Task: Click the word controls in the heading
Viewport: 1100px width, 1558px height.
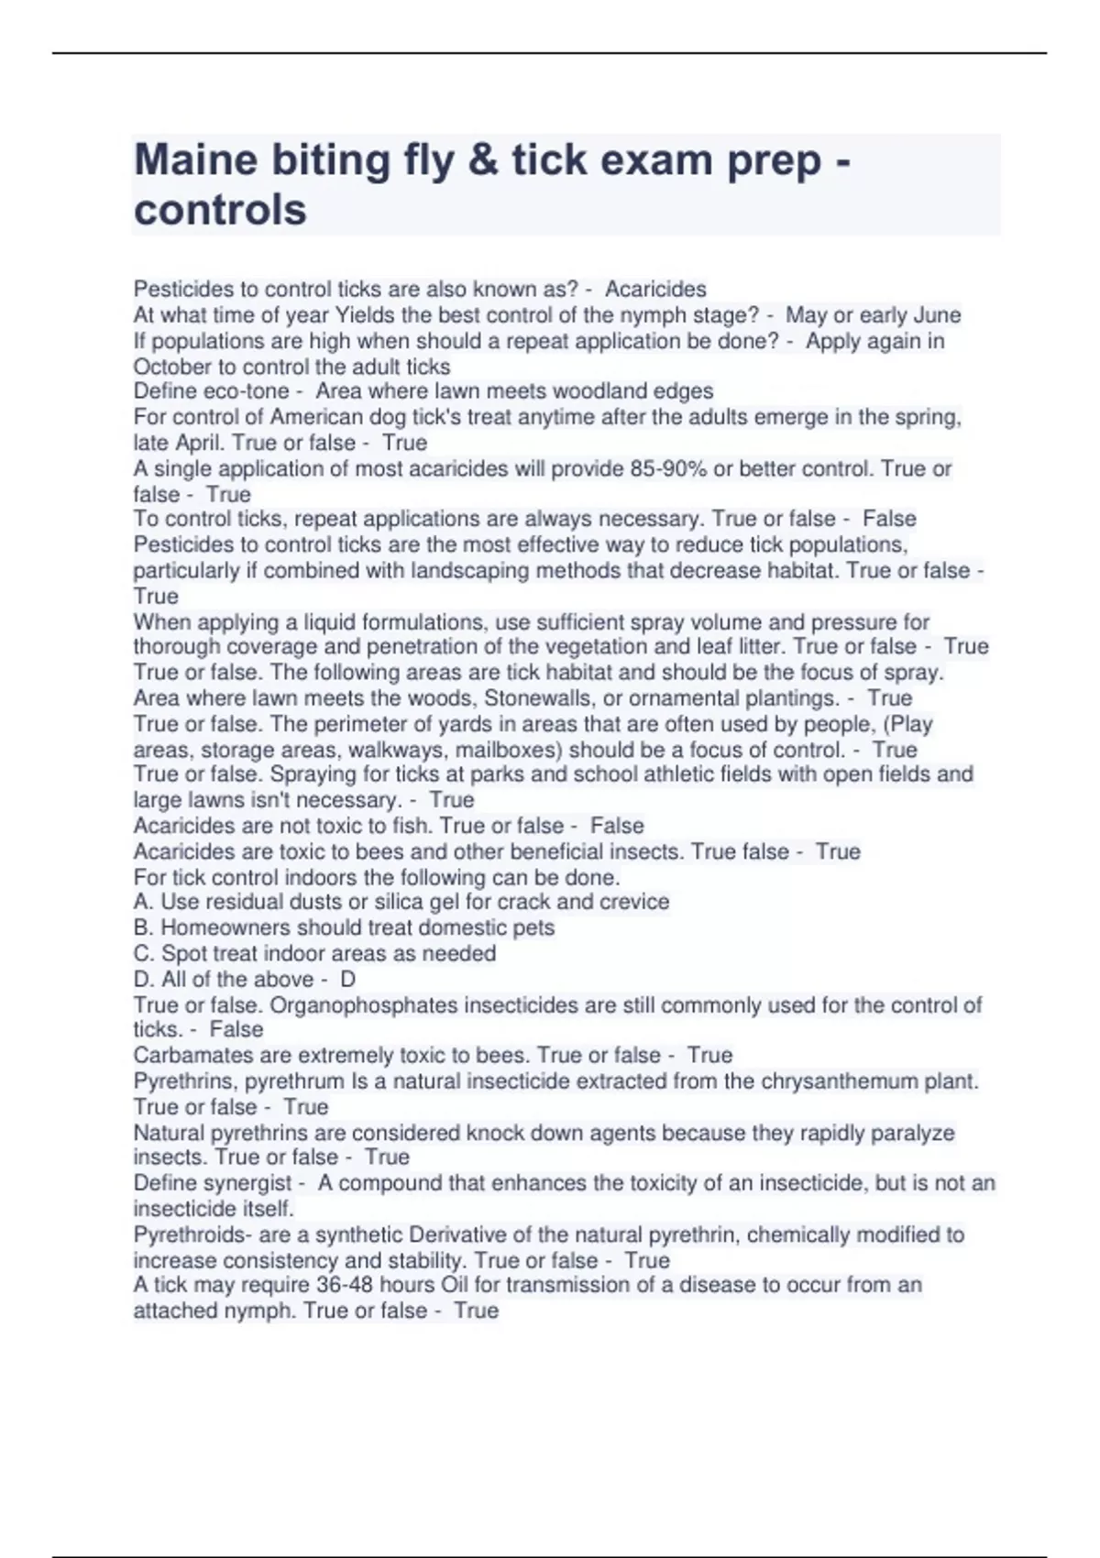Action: pyautogui.click(x=220, y=210)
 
